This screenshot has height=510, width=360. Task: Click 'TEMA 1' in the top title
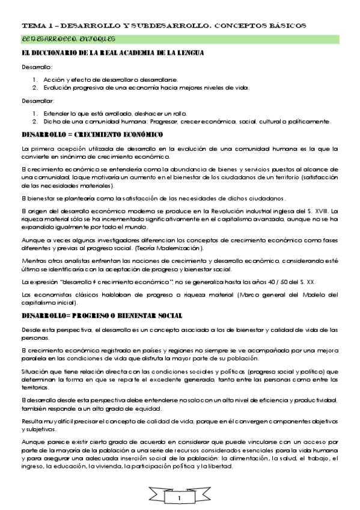(x=37, y=25)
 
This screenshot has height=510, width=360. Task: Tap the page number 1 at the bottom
(x=179, y=499)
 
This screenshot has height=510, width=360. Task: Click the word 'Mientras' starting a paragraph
(x=34, y=260)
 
